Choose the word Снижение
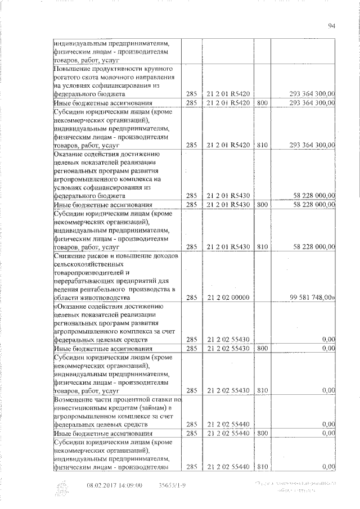[70, 256]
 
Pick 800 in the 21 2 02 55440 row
[262, 434]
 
